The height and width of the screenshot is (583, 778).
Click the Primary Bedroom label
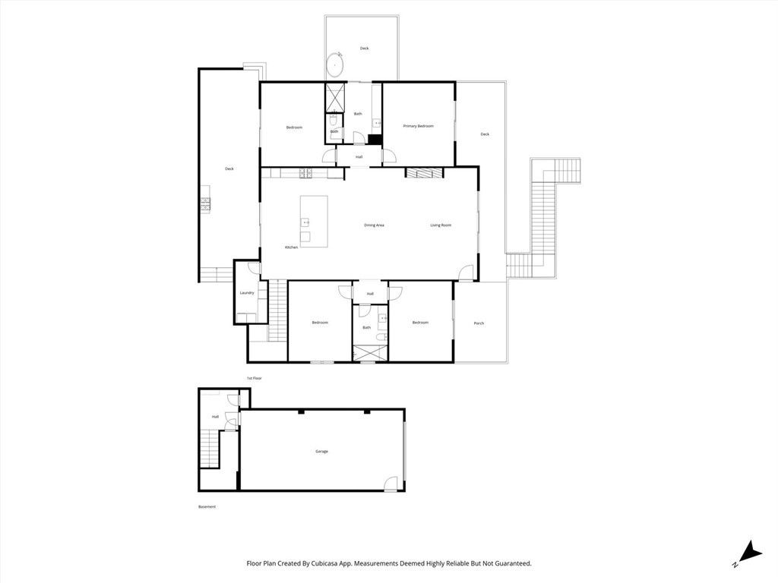click(418, 126)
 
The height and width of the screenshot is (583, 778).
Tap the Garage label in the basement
click(321, 452)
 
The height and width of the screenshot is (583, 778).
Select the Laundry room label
click(246, 292)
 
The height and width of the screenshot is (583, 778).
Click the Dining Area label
click(374, 225)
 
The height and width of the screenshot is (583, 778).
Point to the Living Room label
click(441, 225)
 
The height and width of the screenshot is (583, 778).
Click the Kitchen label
click(292, 247)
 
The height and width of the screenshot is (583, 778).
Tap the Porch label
click(479, 323)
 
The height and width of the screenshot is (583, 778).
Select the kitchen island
click(314, 221)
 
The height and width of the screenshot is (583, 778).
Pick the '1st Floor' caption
click(254, 378)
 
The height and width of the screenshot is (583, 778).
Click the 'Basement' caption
click(207, 507)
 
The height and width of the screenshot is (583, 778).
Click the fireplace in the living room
click(423, 173)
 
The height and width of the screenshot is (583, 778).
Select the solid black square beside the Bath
click(373, 139)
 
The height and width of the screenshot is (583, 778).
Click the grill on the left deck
click(205, 203)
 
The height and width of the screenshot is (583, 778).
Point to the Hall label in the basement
click(215, 417)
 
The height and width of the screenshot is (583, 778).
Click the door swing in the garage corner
click(391, 483)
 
